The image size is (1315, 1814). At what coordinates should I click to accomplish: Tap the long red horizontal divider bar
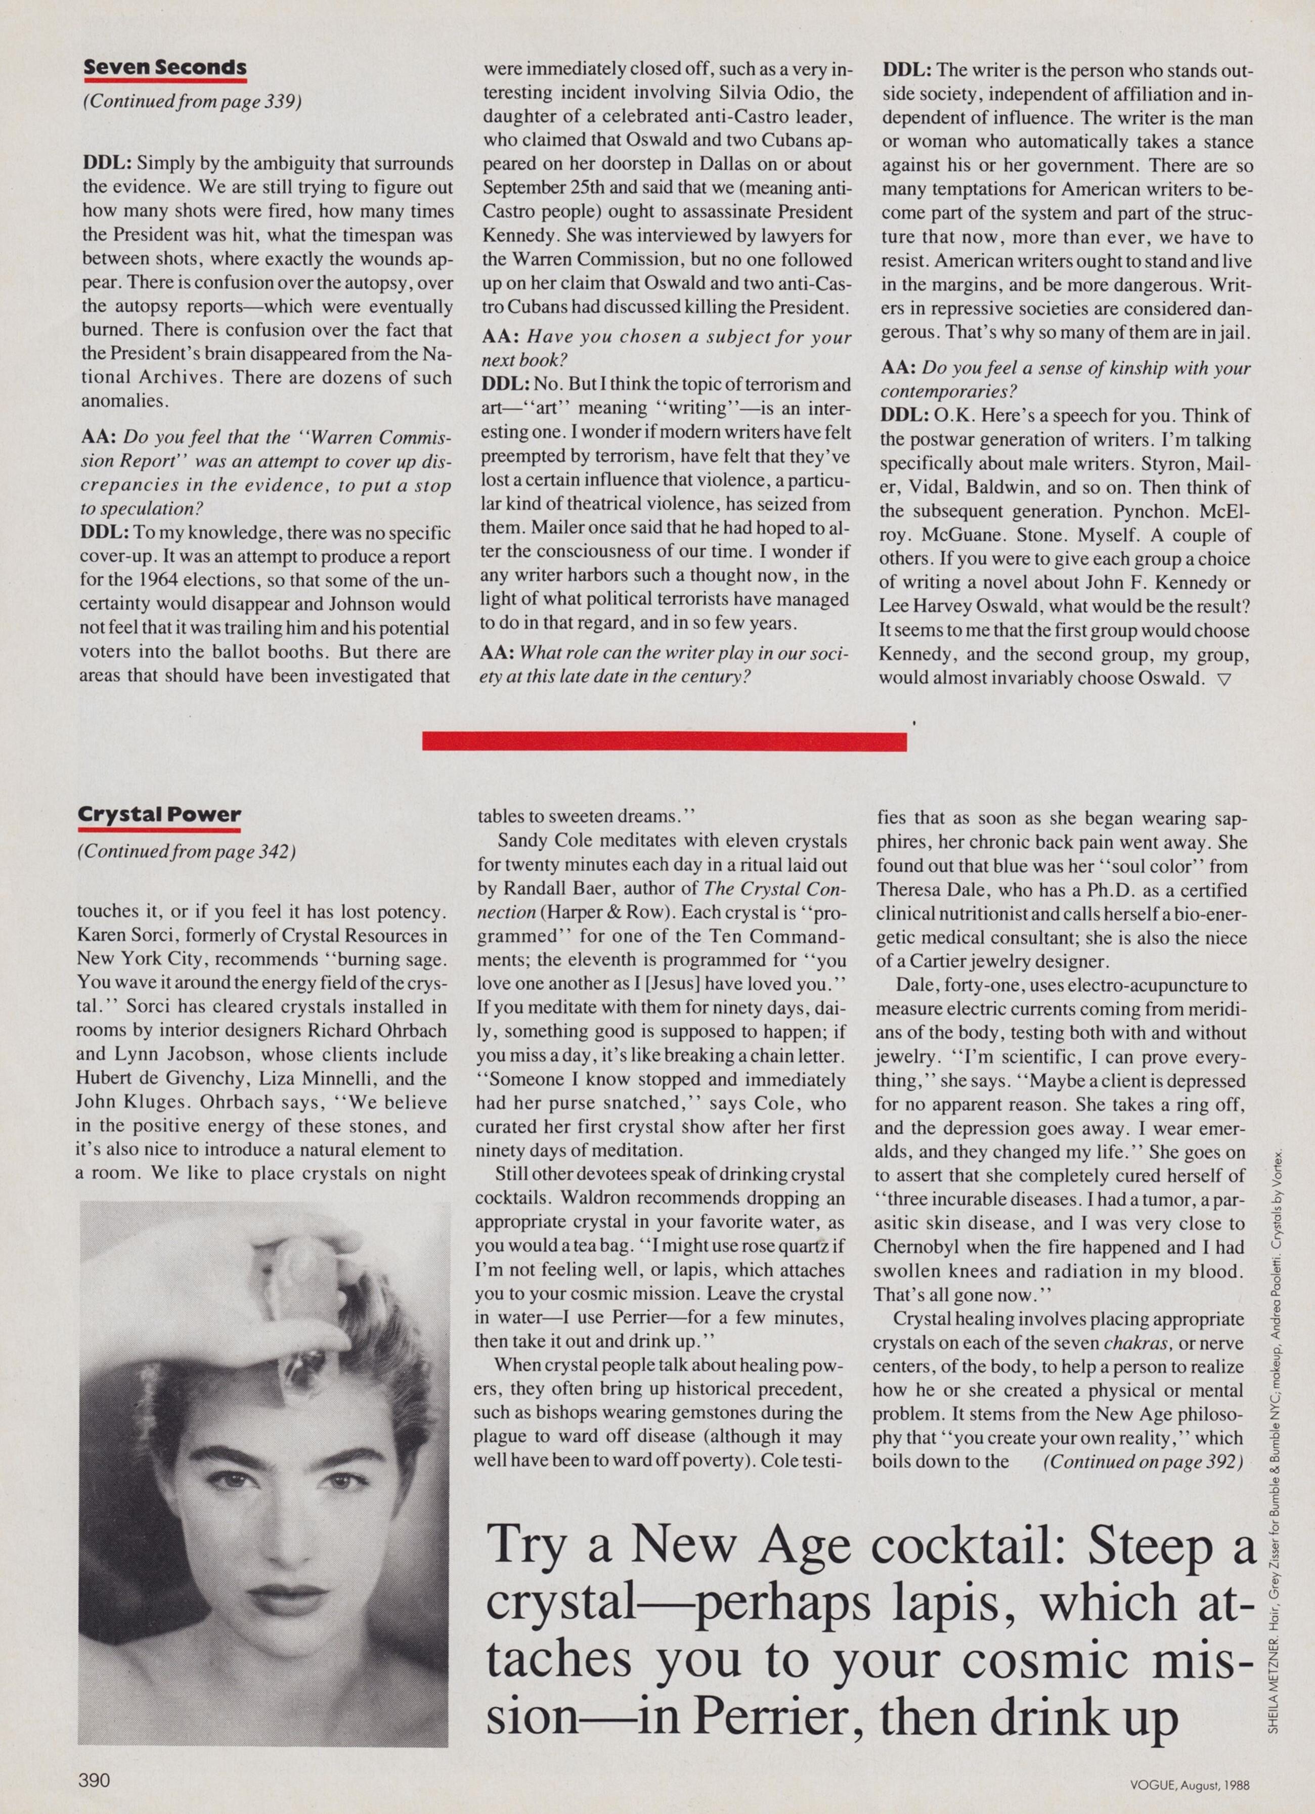664,742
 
